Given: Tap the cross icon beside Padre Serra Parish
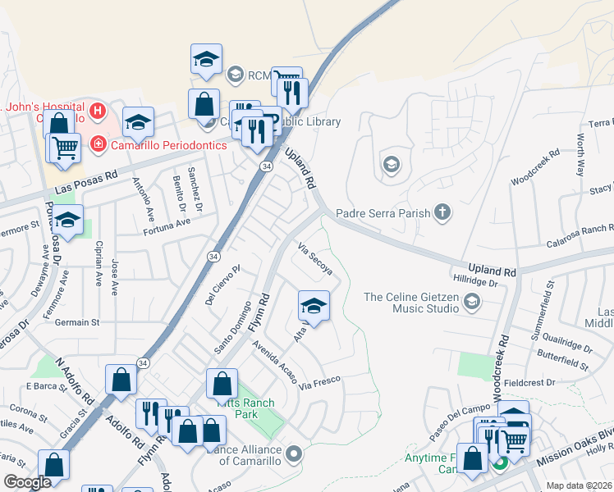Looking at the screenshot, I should (443, 214).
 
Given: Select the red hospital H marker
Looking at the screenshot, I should (98, 110).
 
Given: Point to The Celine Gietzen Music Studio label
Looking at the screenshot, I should (411, 303).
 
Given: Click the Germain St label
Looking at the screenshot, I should (77, 323).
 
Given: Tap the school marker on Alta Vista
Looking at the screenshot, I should (313, 306).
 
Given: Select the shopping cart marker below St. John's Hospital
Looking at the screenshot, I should (65, 148).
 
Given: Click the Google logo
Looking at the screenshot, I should (27, 481).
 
